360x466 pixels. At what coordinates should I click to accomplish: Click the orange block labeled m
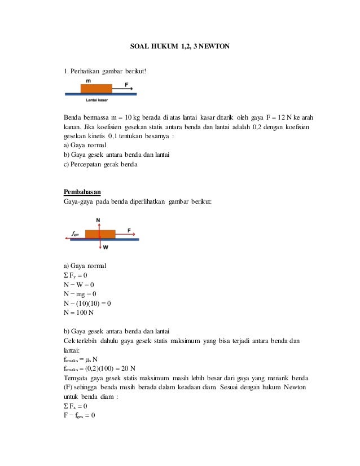pyautogui.click(x=96, y=88)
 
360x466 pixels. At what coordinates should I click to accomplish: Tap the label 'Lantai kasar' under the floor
pyautogui.click(x=96, y=100)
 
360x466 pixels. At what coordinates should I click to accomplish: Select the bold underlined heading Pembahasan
pyautogui.click(x=82, y=191)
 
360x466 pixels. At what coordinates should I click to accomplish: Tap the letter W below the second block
pyautogui.click(x=106, y=247)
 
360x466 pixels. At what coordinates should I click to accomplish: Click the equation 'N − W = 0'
pyautogui.click(x=79, y=284)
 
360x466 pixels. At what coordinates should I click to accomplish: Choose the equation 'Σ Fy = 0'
pyautogui.click(x=76, y=275)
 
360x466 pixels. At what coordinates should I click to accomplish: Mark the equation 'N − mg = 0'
pyautogui.click(x=80, y=294)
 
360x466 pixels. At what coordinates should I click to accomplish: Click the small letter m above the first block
pyautogui.click(x=88, y=81)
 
